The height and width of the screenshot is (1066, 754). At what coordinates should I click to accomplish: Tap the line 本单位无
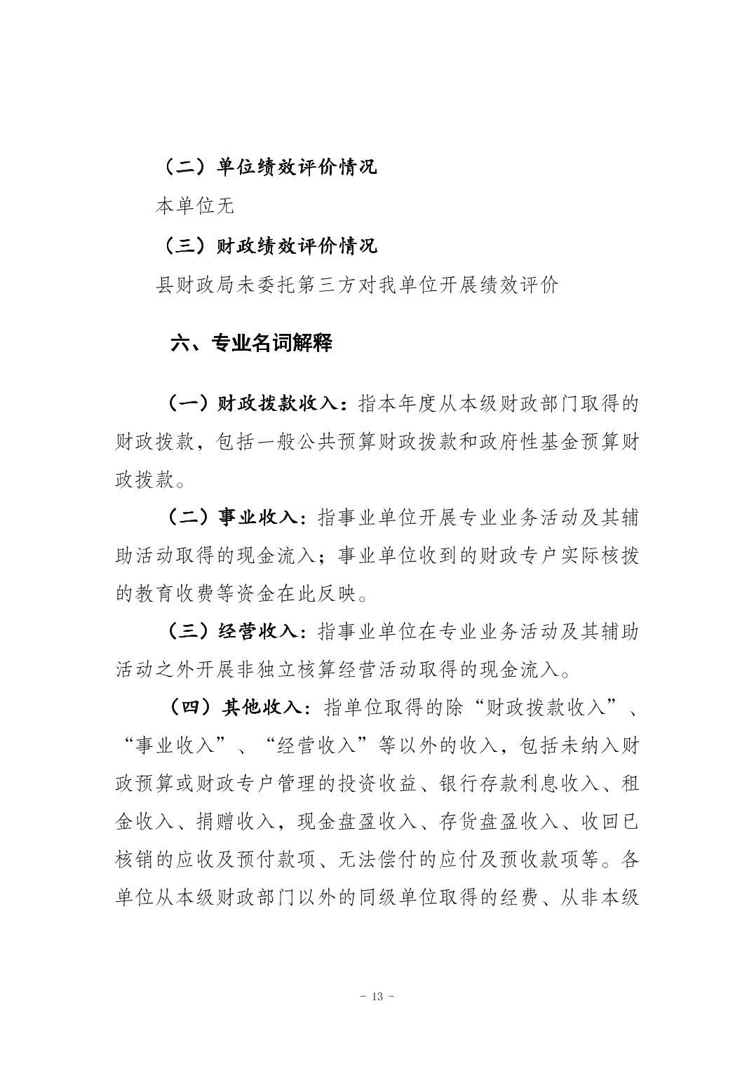(x=194, y=206)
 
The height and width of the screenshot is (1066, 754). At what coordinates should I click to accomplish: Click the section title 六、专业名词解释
(x=252, y=344)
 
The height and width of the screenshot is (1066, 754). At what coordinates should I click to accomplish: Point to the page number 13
(x=377, y=997)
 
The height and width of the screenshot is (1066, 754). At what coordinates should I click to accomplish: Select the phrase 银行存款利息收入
(x=520, y=783)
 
